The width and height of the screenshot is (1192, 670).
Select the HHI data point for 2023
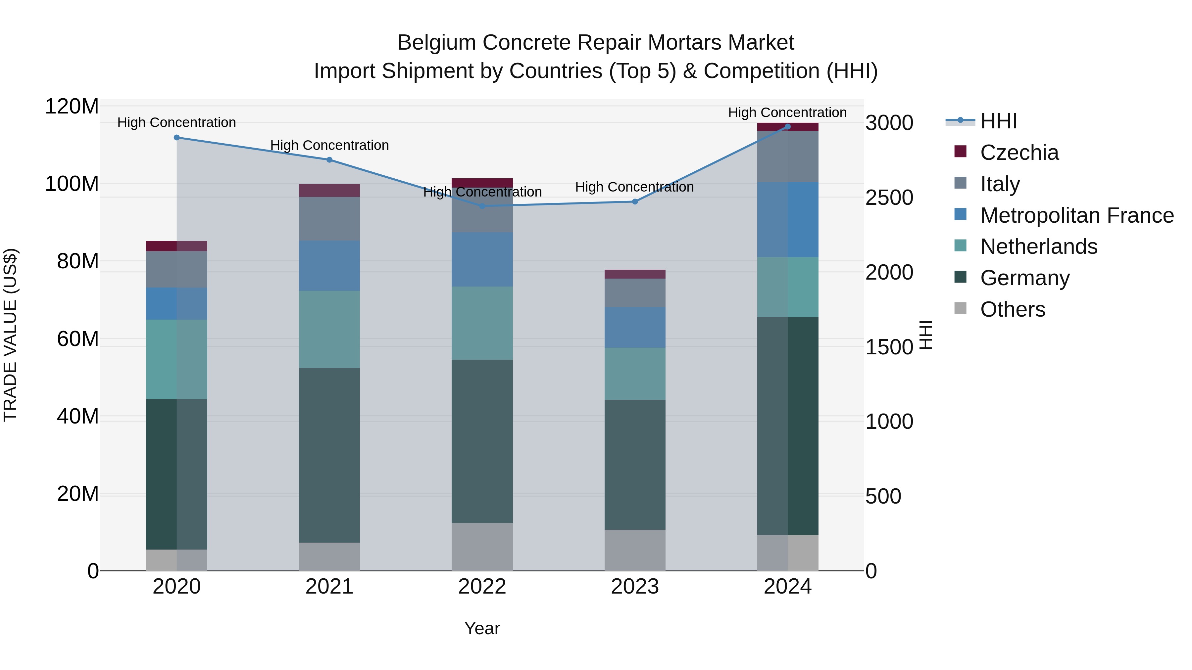(x=635, y=201)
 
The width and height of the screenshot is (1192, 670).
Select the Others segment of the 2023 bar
(x=635, y=550)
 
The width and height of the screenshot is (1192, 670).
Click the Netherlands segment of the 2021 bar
(x=329, y=329)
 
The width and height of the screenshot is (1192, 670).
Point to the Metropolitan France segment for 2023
(x=635, y=327)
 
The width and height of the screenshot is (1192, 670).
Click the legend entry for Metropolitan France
(x=1077, y=215)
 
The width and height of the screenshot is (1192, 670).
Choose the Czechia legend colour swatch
(x=960, y=152)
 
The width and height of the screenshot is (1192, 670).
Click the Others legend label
(x=1013, y=309)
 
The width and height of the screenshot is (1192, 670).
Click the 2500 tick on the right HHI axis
(x=889, y=198)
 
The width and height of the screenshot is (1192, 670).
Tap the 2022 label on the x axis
(x=482, y=587)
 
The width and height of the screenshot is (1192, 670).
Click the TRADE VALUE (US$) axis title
(x=10, y=335)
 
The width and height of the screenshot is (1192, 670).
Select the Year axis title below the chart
(x=482, y=628)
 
